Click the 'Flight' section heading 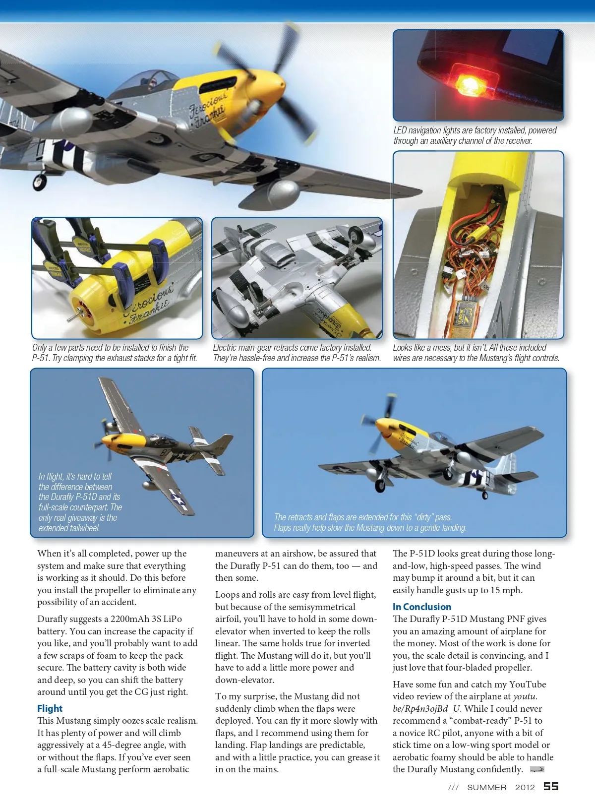coord(50,708)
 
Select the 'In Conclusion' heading coord(422,607)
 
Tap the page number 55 coord(551,787)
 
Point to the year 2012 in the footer coord(525,787)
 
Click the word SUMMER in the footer coord(486,787)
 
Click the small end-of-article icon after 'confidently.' coord(536,769)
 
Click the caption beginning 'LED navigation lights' coord(475,135)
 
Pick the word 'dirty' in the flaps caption coord(423,517)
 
